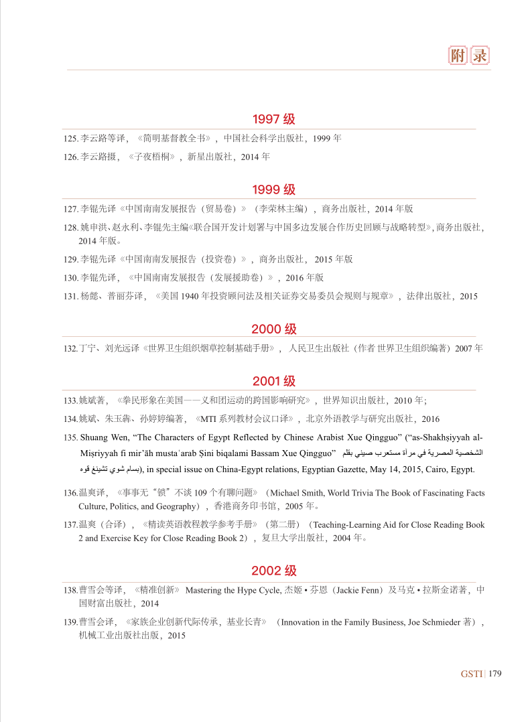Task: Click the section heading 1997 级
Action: (273, 120)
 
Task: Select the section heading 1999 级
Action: (273, 190)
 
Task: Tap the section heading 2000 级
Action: (273, 329)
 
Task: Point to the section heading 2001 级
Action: (273, 381)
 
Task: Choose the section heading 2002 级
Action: (273, 571)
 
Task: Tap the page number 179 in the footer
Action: (495, 673)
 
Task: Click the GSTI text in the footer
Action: (472, 673)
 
